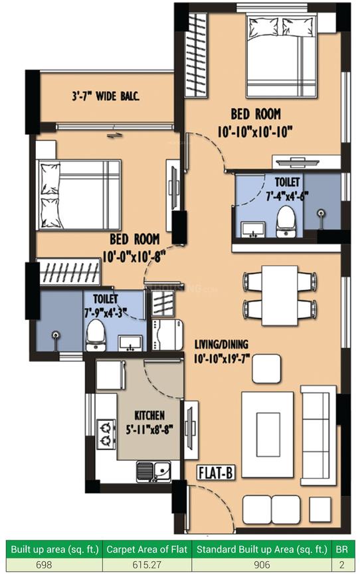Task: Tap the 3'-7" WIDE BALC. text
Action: [106, 96]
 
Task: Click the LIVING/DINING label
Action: [221, 344]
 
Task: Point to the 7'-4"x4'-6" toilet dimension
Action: [283, 196]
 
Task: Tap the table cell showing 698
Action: [52, 566]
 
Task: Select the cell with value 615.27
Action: [146, 566]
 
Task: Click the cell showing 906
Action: [262, 566]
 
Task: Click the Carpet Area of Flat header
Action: [146, 549]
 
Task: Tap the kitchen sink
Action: [154, 471]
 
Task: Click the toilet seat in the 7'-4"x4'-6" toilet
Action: [285, 218]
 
